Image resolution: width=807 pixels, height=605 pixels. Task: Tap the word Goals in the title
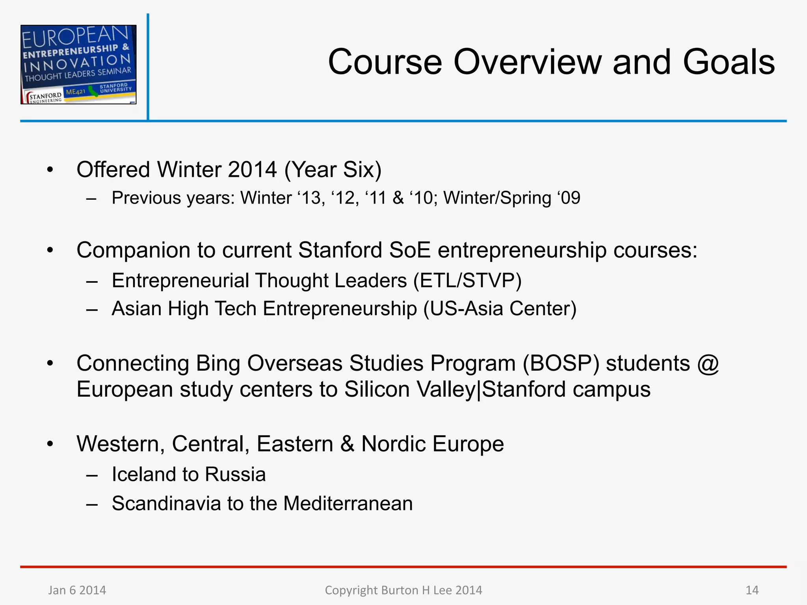pyautogui.click(x=729, y=62)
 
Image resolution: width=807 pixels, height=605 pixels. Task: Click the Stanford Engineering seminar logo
pyautogui.click(x=78, y=65)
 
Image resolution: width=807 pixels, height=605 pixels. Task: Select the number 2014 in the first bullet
pyautogui.click(x=252, y=170)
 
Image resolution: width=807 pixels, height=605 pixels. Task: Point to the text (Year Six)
pyautogui.click(x=333, y=170)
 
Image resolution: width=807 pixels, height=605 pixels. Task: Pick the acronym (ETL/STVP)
pyautogui.click(x=467, y=281)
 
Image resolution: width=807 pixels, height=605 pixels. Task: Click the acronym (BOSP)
pyautogui.click(x=561, y=363)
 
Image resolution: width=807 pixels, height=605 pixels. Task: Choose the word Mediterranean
pyautogui.click(x=348, y=503)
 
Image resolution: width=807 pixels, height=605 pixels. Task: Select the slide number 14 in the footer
pyautogui.click(x=752, y=590)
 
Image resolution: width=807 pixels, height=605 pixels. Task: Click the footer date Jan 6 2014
pyautogui.click(x=77, y=590)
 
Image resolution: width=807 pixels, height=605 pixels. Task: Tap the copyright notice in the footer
pyautogui.click(x=403, y=590)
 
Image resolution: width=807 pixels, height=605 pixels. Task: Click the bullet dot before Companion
pyautogui.click(x=50, y=251)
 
